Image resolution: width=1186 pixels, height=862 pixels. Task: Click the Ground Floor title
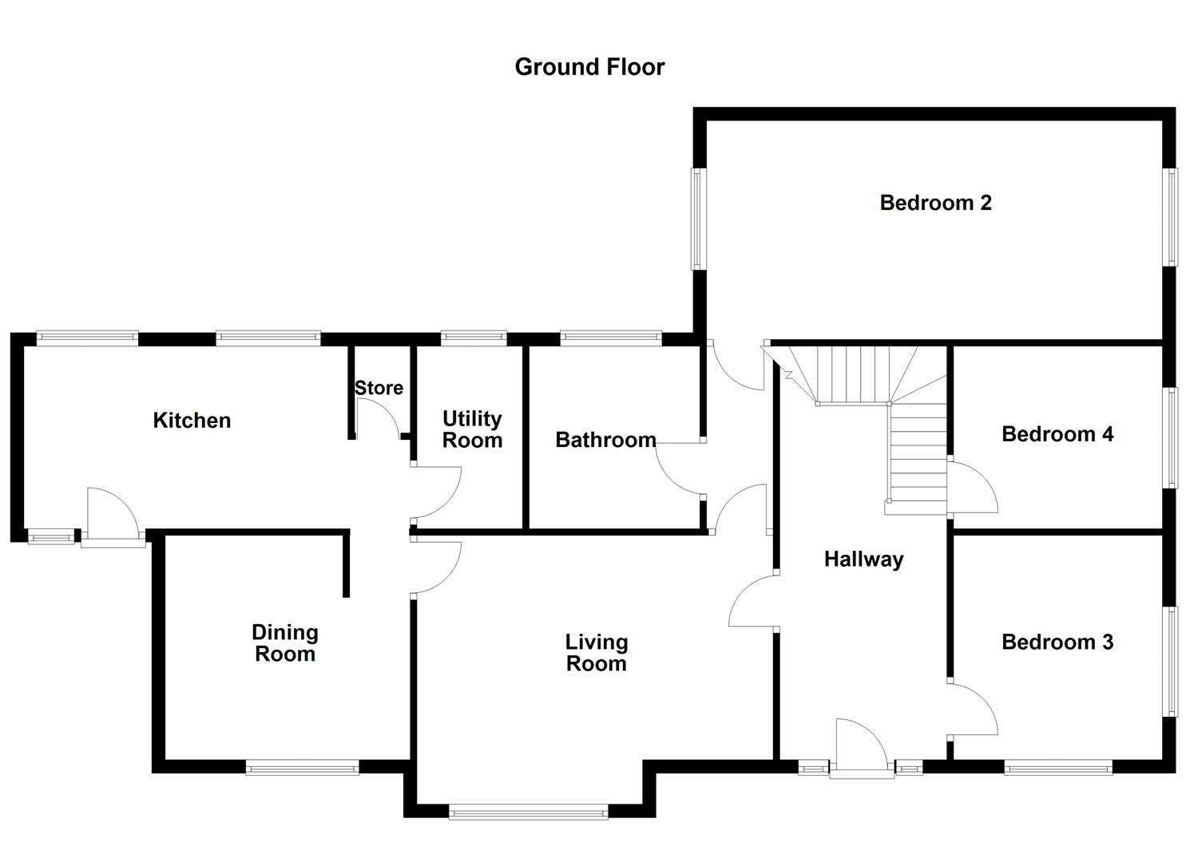click(589, 67)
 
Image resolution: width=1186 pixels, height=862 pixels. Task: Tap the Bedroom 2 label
click(935, 203)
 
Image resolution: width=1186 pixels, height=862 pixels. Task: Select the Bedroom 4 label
click(1057, 434)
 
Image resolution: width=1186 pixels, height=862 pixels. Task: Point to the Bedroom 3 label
click(1057, 642)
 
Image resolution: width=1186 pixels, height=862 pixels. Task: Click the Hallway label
click(863, 559)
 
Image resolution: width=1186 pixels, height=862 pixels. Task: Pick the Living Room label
click(596, 653)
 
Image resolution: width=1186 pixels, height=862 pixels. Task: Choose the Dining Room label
click(285, 643)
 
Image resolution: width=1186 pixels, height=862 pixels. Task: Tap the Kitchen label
click(192, 421)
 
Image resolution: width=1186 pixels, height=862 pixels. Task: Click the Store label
click(379, 388)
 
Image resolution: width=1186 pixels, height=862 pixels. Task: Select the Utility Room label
click(472, 429)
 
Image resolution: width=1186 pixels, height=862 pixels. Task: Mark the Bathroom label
click(605, 440)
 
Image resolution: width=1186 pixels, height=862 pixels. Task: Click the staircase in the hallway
click(887, 415)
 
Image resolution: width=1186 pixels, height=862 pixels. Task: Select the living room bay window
click(528, 813)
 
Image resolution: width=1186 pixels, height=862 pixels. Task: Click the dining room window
click(302, 768)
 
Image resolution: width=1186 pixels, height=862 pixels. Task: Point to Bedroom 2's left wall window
click(696, 219)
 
